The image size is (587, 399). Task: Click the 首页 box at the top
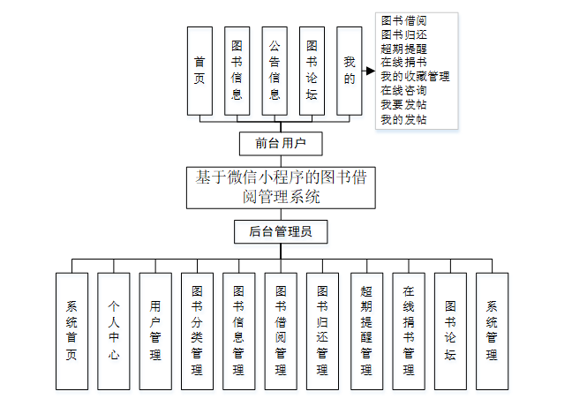coord(199,71)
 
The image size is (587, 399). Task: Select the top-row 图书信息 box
coord(237,71)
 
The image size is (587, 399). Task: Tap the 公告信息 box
coord(275,71)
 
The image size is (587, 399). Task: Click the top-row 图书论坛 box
coord(312,71)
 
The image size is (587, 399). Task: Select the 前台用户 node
coord(281,143)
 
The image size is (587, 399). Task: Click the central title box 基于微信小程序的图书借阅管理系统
coord(281,186)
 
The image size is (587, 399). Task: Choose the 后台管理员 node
coord(281,231)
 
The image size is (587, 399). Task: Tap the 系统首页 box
coord(71,331)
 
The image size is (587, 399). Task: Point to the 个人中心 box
coord(114,331)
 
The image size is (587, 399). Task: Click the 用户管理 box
coord(155,331)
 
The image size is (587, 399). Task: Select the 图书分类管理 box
coord(197,331)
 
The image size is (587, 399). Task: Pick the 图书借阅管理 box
coord(281,331)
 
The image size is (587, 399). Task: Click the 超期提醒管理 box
coord(366,331)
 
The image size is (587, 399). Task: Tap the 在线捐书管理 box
coord(409,331)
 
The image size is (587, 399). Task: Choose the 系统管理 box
coord(492,331)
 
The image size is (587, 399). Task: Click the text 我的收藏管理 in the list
coord(415,77)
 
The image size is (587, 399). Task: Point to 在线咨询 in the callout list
coord(404,91)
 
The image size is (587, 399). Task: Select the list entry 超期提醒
coord(404,49)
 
